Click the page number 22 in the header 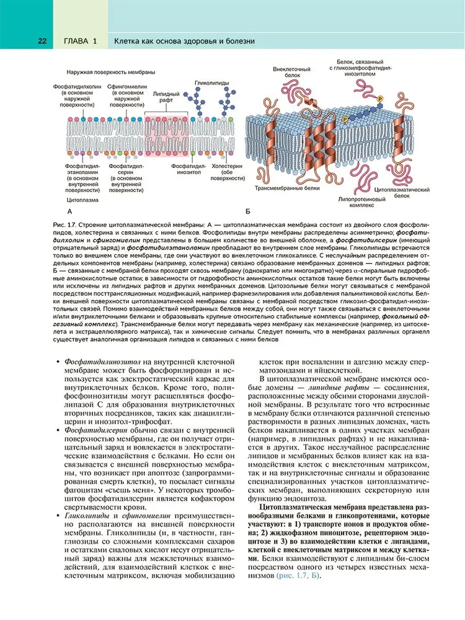point(42,41)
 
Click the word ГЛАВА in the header point(76,41)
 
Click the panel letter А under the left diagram point(61,212)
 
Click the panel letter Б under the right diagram point(248,212)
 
